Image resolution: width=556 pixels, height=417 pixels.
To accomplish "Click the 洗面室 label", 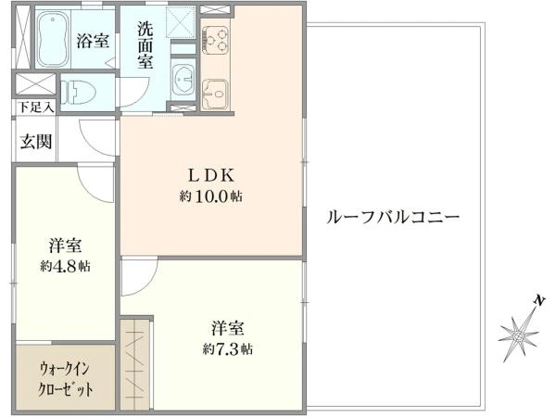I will [146, 44].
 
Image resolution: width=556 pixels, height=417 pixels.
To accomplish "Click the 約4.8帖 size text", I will [65, 266].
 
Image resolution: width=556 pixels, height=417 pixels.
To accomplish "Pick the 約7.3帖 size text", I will [228, 349].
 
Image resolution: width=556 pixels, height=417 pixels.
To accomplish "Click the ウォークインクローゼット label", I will [65, 378].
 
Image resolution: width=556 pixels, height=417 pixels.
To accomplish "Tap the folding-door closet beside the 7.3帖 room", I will [135, 363].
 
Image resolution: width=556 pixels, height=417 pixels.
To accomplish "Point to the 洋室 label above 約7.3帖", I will [228, 328].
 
